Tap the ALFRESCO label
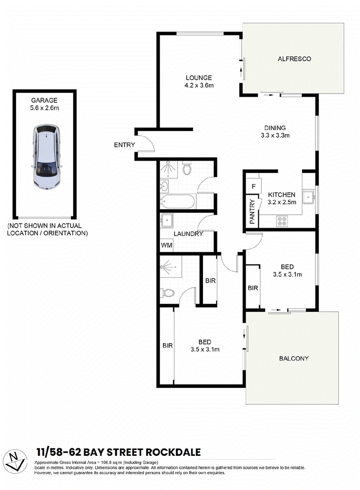[x=294, y=59]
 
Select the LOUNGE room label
[x=199, y=78]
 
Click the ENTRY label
[x=124, y=145]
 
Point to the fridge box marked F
[x=253, y=187]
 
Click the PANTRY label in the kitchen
[x=252, y=212]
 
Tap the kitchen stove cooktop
[x=282, y=221]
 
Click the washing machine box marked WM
[x=166, y=245]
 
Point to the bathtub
[x=178, y=202]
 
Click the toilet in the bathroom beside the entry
[x=187, y=168]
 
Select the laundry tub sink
[x=166, y=220]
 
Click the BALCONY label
[x=294, y=359]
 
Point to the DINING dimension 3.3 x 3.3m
[x=275, y=135]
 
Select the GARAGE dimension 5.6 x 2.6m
[x=45, y=108]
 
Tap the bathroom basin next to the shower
[x=164, y=187]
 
